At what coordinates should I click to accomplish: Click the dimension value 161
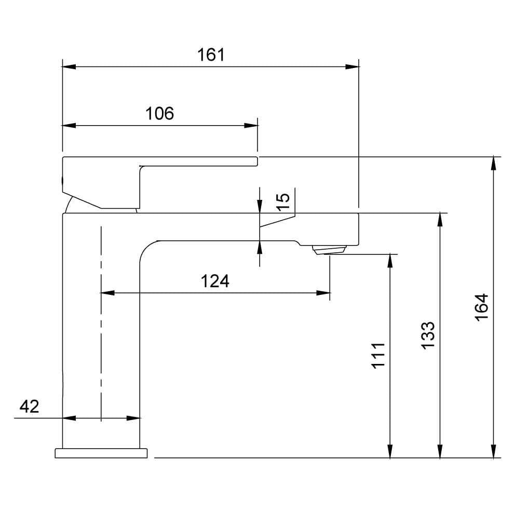click(211, 55)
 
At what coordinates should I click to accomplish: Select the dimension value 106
click(159, 114)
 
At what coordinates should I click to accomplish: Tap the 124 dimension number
click(215, 281)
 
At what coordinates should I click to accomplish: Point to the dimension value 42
click(29, 406)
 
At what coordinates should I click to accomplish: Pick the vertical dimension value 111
click(378, 355)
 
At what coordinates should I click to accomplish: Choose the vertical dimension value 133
click(427, 335)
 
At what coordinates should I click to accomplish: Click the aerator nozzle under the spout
click(329, 250)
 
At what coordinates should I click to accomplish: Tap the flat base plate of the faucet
click(101, 453)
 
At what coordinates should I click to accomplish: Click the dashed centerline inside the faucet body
click(101, 322)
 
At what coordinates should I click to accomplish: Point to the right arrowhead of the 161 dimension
click(353, 67)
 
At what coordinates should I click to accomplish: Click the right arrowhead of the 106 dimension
click(251, 126)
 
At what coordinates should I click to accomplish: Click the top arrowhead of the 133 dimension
click(440, 220)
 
